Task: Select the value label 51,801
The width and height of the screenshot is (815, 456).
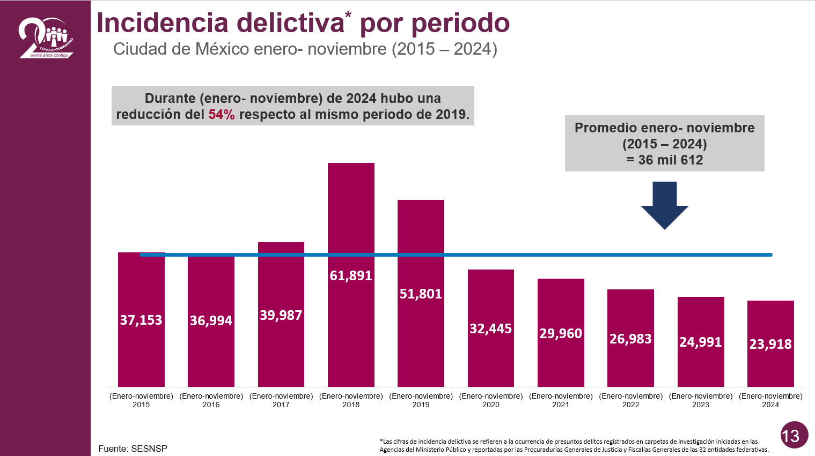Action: coord(421,294)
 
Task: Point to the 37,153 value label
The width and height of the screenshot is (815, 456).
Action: coord(141,320)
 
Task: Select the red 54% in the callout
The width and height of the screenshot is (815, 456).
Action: coord(222,115)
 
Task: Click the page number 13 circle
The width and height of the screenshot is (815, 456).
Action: coord(794,435)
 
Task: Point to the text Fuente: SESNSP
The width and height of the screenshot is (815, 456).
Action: coord(133,448)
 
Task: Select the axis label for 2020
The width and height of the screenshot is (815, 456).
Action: coord(490,400)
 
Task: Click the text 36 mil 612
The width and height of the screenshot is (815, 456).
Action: coord(670,160)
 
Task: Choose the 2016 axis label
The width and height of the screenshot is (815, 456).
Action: coord(211,400)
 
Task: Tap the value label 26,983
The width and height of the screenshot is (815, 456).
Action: coord(630,339)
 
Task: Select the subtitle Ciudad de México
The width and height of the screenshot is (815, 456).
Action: coord(181,49)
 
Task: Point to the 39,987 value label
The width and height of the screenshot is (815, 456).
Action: coord(281,315)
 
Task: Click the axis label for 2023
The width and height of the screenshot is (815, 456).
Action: coord(700,400)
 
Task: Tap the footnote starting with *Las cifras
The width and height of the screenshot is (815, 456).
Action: coord(574,446)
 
